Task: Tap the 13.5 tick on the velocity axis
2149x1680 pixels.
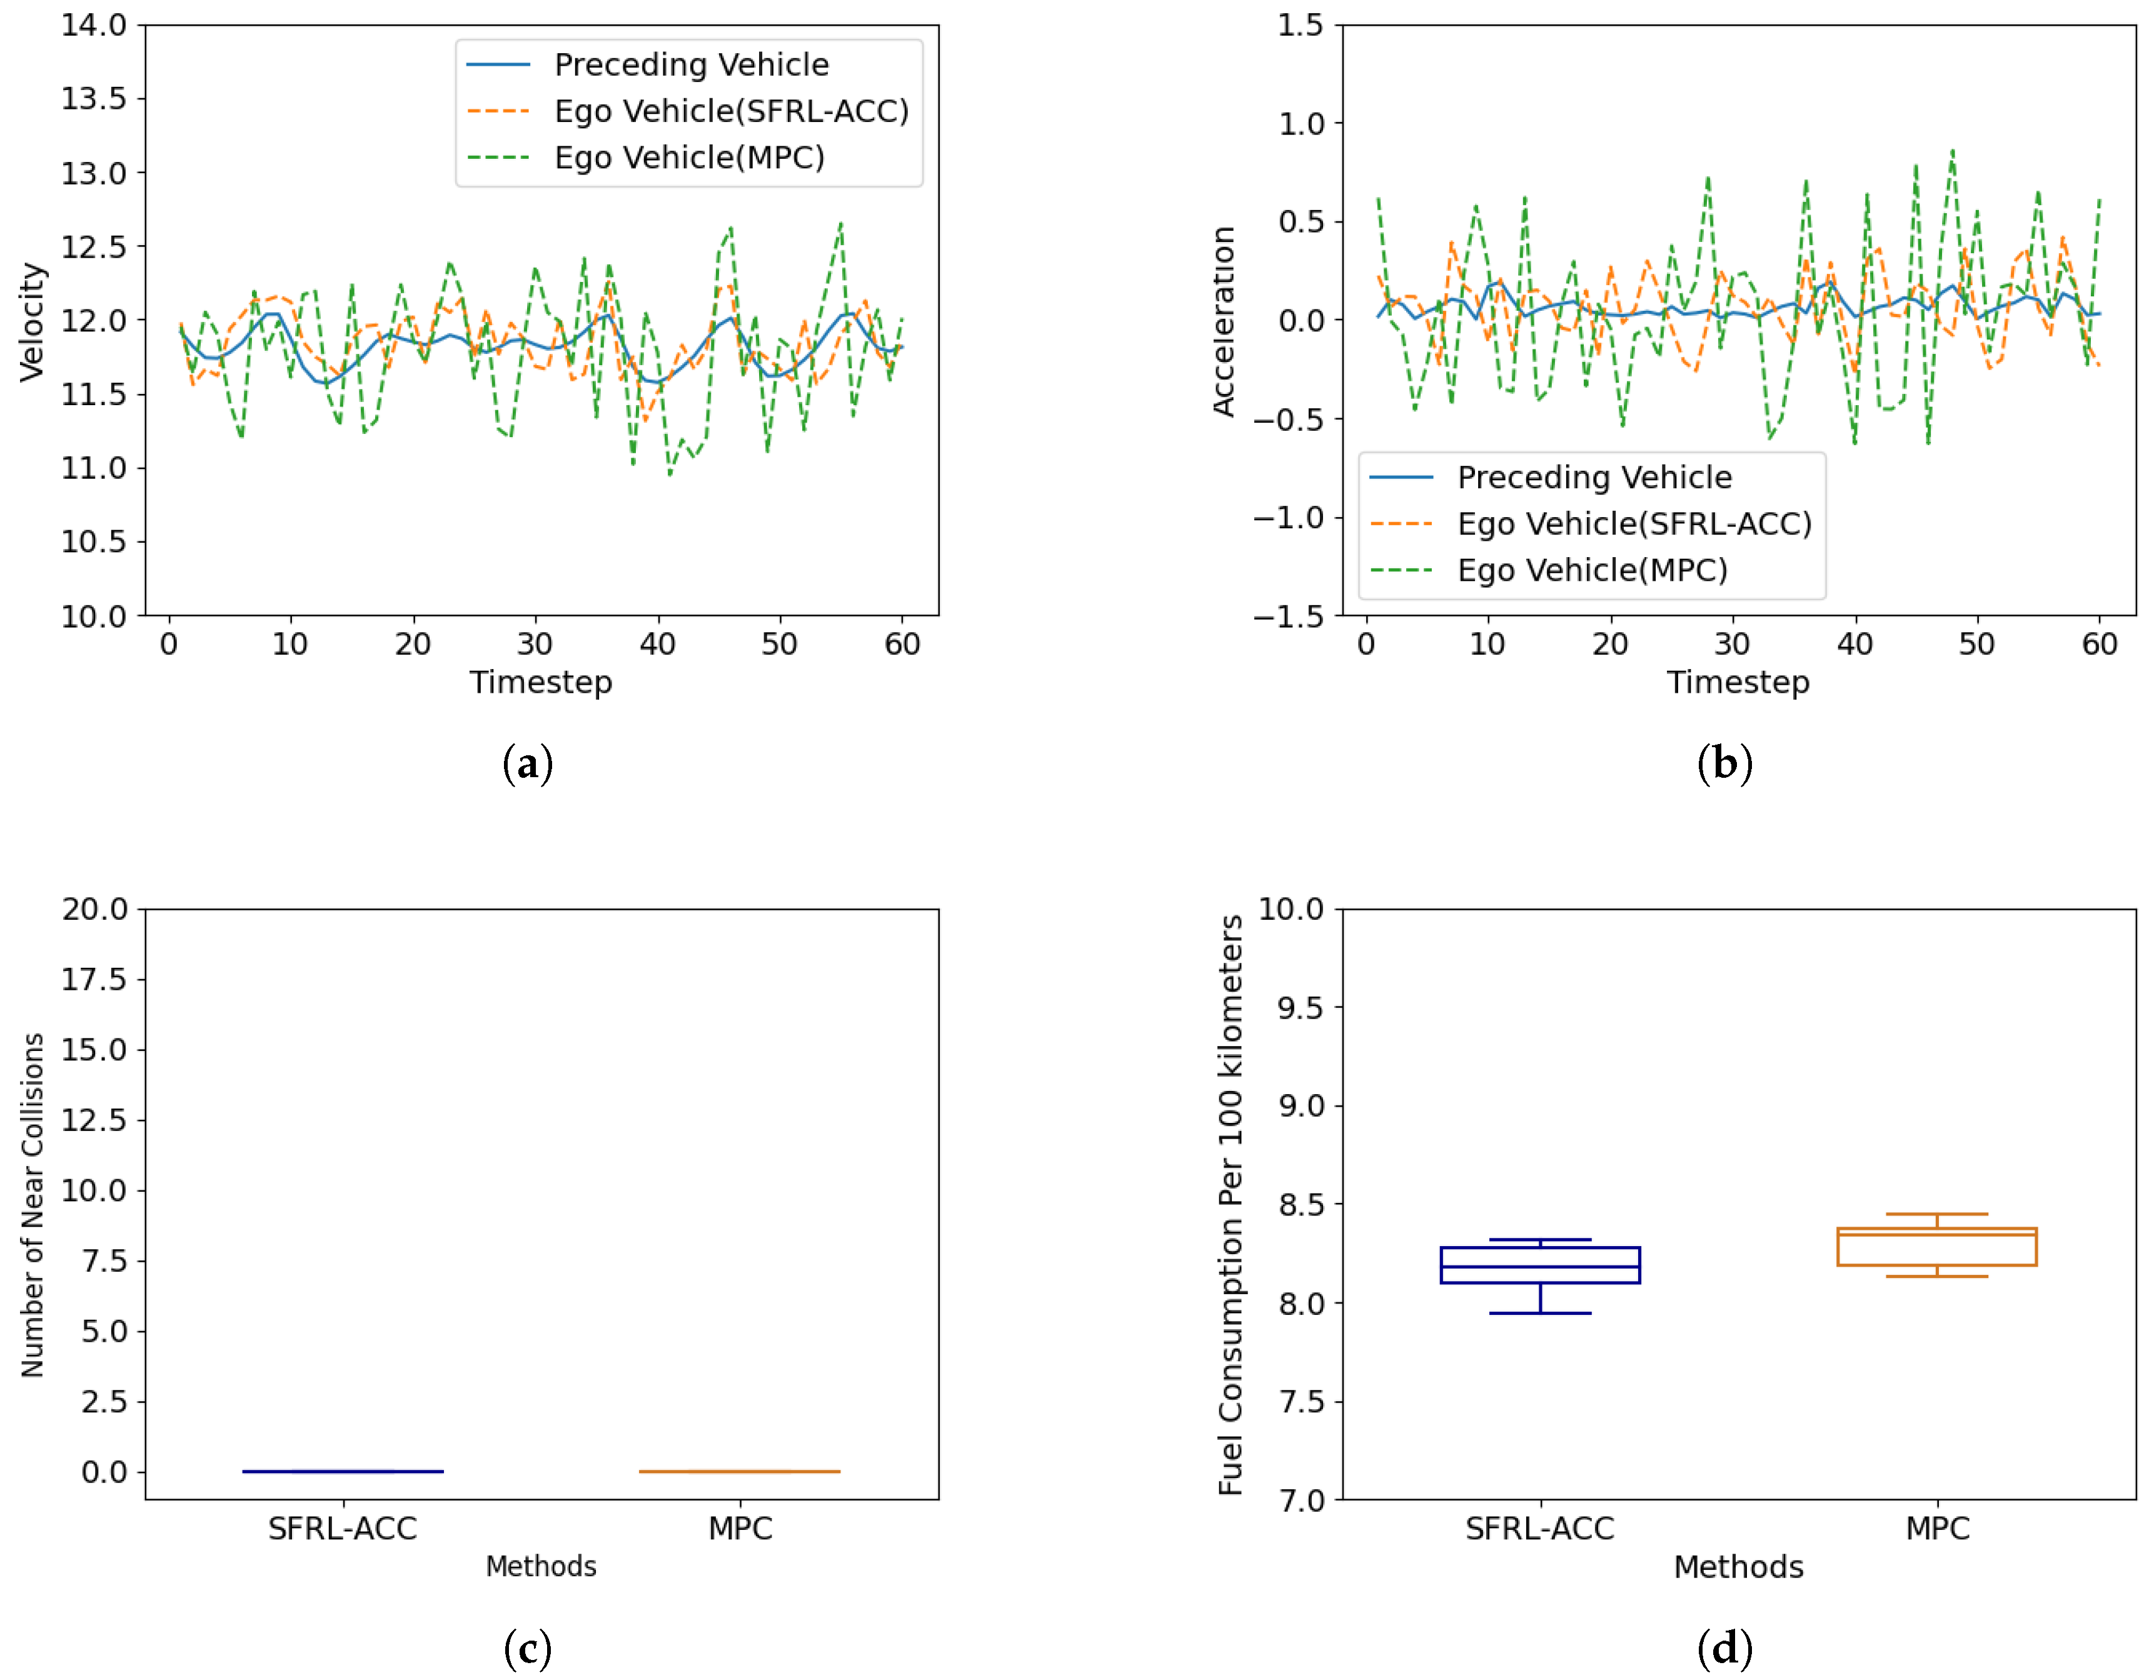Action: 94,98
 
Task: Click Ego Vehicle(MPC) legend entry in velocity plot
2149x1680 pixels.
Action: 689,158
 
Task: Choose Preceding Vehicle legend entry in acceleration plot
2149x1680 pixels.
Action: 1593,477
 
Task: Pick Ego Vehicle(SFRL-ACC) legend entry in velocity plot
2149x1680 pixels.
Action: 730,111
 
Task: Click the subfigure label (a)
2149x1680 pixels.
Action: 528,764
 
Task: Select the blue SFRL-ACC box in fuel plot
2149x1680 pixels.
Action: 1540,1265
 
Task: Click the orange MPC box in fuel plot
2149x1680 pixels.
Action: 1936,1247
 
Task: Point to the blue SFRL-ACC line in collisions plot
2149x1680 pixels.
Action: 343,1471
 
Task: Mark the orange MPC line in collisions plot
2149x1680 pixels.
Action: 740,1471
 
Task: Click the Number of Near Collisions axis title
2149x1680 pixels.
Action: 33,1205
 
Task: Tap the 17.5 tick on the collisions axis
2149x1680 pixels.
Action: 94,979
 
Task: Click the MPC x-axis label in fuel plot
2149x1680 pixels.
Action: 1936,1529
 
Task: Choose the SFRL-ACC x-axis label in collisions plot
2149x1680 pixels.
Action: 343,1529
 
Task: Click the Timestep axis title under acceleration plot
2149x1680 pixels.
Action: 1738,682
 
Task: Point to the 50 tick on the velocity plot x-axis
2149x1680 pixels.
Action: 779,645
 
